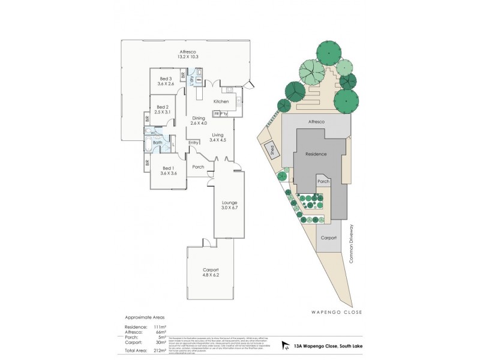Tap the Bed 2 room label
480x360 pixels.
click(x=163, y=109)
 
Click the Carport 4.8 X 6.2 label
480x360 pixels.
click(x=211, y=272)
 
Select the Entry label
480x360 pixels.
click(x=193, y=143)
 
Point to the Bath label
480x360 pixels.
click(x=158, y=143)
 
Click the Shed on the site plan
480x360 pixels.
click(x=271, y=149)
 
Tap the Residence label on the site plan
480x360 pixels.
click(x=316, y=154)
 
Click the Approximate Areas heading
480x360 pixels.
click(x=144, y=316)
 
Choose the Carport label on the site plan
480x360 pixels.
click(x=328, y=238)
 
